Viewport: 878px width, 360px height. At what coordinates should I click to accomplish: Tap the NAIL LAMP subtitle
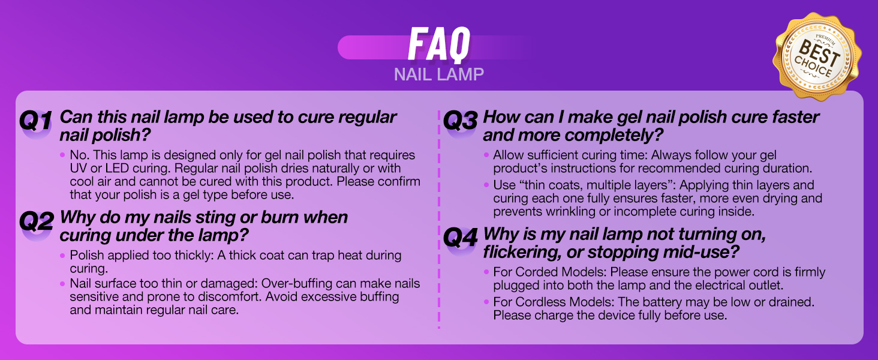(439, 74)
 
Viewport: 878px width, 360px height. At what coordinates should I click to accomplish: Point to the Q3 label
(460, 121)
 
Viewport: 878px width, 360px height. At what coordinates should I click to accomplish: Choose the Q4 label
(460, 238)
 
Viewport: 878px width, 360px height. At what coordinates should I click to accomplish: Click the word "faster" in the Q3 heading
(790, 117)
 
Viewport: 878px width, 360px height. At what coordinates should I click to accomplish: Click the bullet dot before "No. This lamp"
(62, 155)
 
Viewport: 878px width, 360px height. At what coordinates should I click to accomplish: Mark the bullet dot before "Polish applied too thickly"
(62, 256)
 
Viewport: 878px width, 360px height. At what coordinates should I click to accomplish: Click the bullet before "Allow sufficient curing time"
(486, 155)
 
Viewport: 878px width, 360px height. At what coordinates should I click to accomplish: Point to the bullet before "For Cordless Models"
(486, 302)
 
